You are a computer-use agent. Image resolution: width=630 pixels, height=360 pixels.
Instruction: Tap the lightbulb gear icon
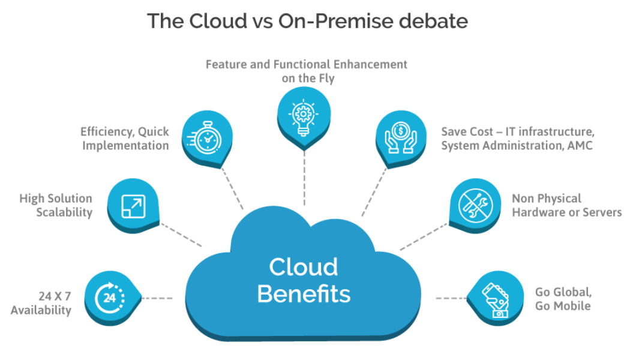304,113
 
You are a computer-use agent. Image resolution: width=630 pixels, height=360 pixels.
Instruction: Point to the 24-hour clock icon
110,297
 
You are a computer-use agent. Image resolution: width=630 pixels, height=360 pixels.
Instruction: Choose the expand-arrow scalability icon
131,205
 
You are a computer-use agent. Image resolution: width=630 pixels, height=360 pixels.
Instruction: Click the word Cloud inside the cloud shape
304,266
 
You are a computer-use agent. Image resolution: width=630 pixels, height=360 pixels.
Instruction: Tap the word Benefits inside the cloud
304,294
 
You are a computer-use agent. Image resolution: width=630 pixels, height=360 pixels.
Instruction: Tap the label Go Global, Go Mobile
563,299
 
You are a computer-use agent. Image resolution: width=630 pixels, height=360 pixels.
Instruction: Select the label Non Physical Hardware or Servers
566,205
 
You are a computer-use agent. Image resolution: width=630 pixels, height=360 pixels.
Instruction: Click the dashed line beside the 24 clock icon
157,298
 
